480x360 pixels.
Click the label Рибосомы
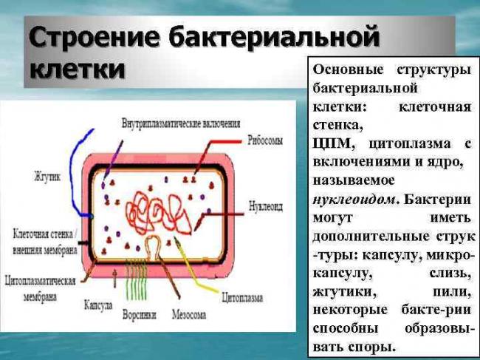[x=264, y=138]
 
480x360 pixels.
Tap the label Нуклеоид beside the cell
[x=265, y=206]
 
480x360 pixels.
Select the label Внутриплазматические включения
[x=181, y=122]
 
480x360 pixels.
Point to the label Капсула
[x=97, y=305]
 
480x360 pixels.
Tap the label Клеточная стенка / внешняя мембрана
[x=44, y=242]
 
